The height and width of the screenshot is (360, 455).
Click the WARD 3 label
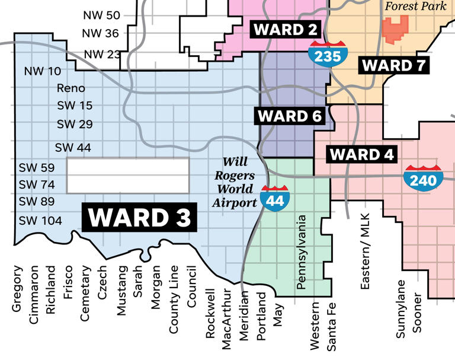140,218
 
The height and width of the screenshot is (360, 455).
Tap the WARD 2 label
285,29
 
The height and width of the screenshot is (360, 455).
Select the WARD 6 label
290,116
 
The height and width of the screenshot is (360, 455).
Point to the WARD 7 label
394,65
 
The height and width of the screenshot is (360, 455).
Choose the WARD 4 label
361,155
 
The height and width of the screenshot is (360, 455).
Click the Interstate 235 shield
328,54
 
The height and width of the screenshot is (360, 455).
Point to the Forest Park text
415,7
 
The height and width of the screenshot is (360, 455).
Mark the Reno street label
71,88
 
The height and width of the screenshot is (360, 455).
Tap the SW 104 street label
40,221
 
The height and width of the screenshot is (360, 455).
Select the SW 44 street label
73,147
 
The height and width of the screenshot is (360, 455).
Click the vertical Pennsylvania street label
302,252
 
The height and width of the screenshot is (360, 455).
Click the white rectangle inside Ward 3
127,176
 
